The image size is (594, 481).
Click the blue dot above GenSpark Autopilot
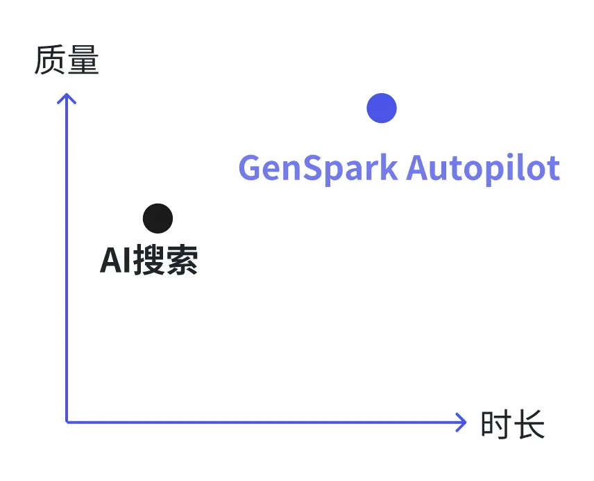tap(382, 108)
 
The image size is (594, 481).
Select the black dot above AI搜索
tap(158, 218)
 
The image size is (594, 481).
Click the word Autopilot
tap(483, 168)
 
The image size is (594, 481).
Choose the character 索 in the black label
tap(182, 261)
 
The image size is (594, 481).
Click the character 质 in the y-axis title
tap(49, 61)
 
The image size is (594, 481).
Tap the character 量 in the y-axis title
tap(83, 61)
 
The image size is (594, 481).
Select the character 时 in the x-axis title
tap(496, 424)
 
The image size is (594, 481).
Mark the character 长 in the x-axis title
tap(529, 424)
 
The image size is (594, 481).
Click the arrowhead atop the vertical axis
tap(67, 99)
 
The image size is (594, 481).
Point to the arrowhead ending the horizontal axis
tap(461, 422)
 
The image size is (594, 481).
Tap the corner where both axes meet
tap(67, 421)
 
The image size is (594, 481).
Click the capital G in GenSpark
tap(251, 168)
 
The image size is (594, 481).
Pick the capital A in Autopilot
tap(418, 168)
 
